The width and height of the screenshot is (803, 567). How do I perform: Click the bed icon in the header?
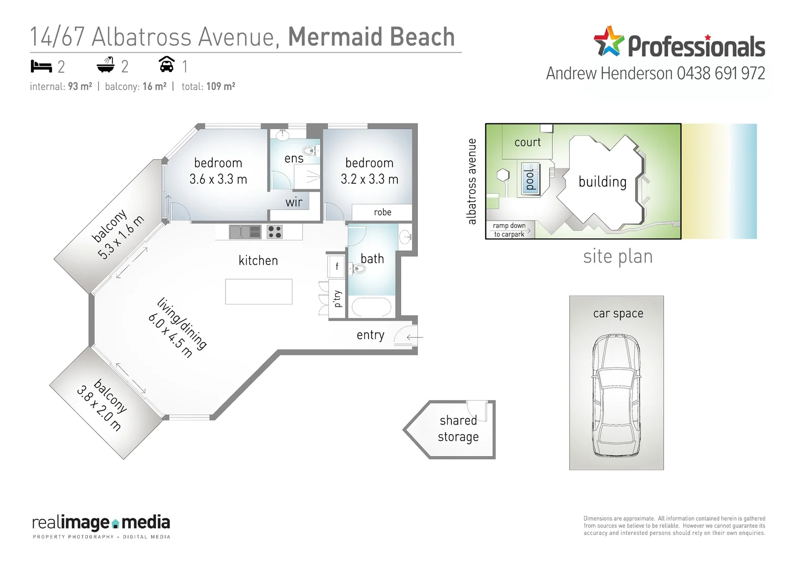coord(41,66)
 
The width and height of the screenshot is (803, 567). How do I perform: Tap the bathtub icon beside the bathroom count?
coord(106,65)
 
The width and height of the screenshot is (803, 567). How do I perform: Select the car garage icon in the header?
coord(167,64)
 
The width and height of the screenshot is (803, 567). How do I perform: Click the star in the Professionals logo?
coord(609,41)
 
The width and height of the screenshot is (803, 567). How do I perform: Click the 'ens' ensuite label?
coord(294,159)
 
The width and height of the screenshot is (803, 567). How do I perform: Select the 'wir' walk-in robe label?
coord(294,202)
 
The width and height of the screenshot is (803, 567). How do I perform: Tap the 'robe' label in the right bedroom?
coord(382,212)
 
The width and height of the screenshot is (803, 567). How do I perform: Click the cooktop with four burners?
coord(274,232)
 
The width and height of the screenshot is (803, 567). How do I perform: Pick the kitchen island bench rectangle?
coord(259,291)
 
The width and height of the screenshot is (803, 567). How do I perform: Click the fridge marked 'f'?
coord(336,266)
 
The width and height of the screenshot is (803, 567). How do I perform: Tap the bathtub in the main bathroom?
coord(371,307)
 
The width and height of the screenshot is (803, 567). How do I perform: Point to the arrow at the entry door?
coord(414,337)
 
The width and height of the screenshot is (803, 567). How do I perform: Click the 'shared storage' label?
coord(458,428)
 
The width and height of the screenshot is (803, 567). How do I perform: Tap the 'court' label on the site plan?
coord(527,142)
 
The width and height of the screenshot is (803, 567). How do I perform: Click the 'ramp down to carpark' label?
coord(509,230)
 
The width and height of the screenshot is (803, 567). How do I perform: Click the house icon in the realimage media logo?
coord(116,523)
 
